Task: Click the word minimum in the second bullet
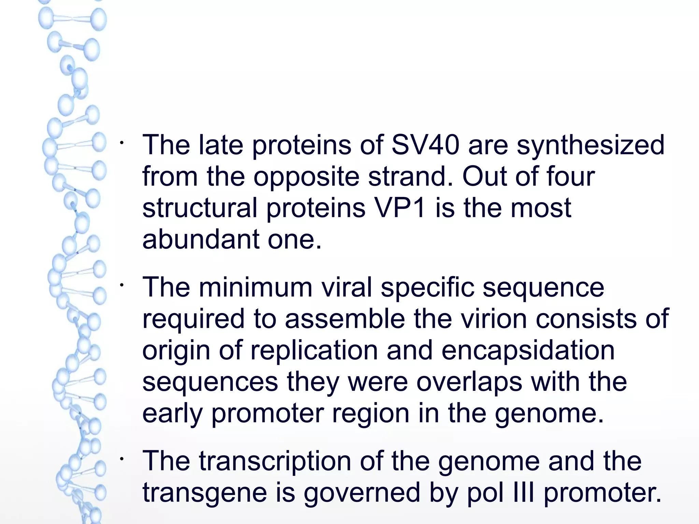tap(256, 287)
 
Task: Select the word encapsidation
tap(528, 351)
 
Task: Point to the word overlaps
tap(469, 382)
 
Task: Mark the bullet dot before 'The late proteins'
tap(122, 142)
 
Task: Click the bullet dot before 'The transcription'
tap(122, 459)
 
